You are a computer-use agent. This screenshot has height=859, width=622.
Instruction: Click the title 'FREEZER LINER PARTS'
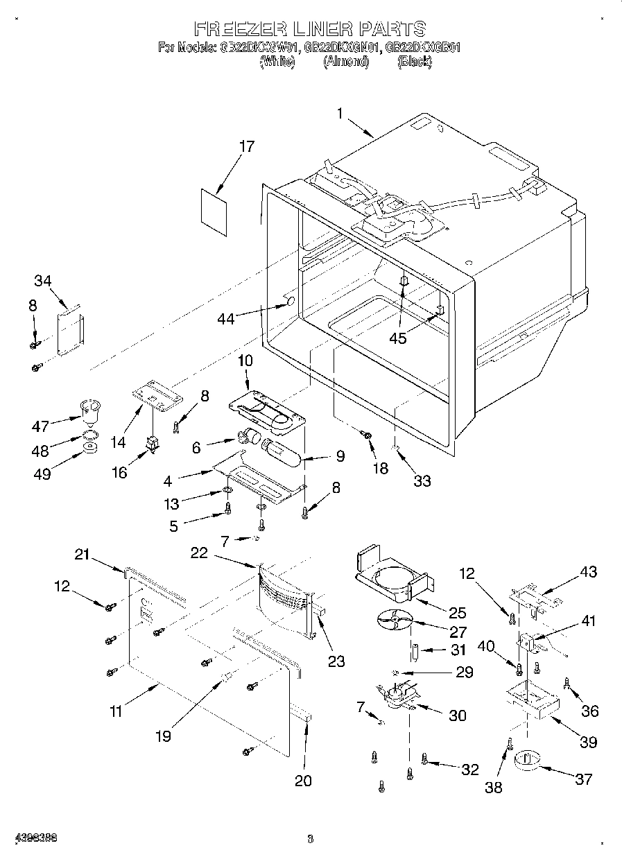[309, 28]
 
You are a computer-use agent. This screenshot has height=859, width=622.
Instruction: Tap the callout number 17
[246, 146]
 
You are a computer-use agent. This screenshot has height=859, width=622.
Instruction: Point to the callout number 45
[397, 338]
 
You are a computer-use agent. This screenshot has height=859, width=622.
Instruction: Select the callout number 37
[584, 779]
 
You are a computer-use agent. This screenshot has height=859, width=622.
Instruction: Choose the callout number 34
[43, 280]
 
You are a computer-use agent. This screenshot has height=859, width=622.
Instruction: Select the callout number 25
[457, 613]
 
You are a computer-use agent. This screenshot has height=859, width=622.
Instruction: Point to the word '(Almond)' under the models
[345, 62]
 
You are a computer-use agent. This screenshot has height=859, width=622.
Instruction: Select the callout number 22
[199, 552]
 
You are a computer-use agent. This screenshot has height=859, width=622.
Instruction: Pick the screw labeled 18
[368, 435]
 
